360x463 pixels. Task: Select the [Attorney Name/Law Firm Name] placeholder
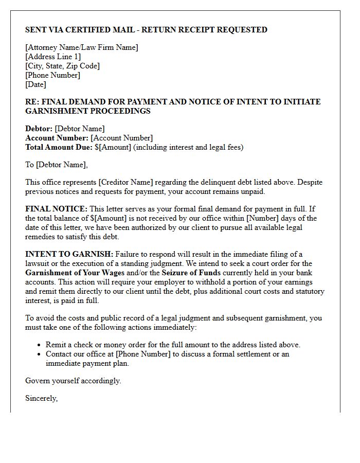[82, 47]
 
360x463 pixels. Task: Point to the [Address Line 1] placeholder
[53, 57]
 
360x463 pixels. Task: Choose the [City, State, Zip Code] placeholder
[62, 66]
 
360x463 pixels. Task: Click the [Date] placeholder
[35, 84]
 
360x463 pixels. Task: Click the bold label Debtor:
[39, 129]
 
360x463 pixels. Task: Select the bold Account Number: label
[57, 138]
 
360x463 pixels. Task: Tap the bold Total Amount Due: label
[59, 147]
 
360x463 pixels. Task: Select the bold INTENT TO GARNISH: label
[69, 254]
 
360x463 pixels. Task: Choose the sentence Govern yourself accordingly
[73, 381]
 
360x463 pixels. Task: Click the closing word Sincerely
[41, 398]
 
